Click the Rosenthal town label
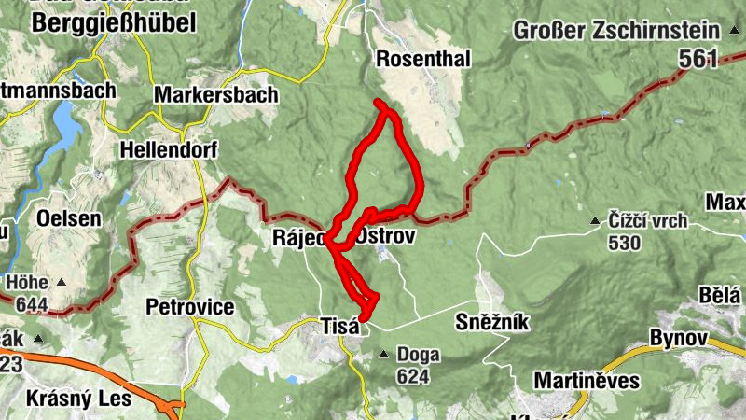coord(423,59)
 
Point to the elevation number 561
coord(698,60)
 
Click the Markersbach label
coord(216,95)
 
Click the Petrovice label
coord(189,307)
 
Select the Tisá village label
coord(339,326)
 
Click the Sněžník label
coord(491,322)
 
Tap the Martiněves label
coord(587,380)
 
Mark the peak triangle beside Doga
coord(384,355)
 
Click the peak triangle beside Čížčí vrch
coord(594,222)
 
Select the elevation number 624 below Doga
coord(412,376)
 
